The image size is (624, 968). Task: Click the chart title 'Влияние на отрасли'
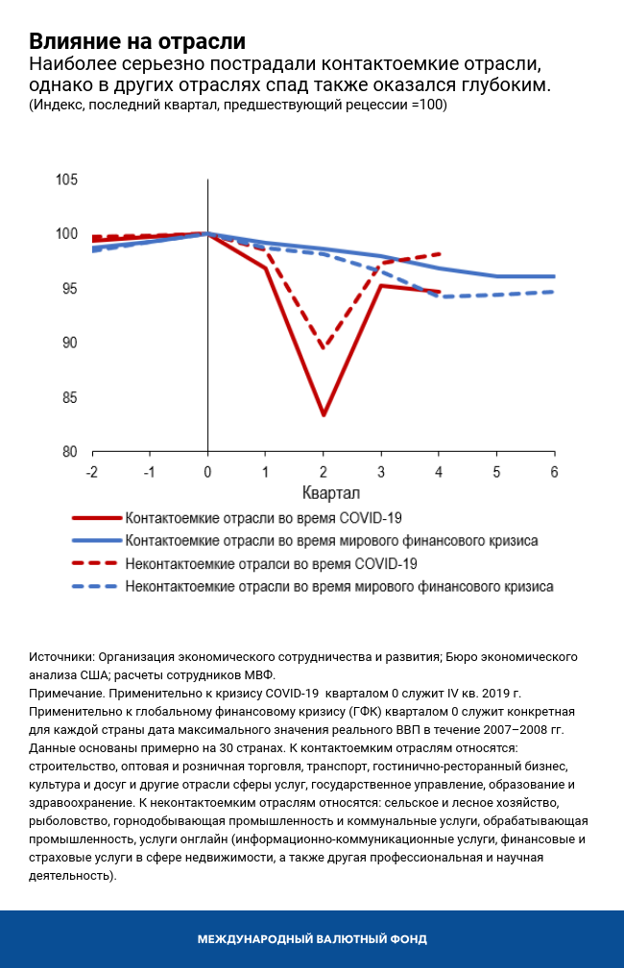pyautogui.click(x=137, y=42)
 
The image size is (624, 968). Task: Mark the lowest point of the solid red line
pyautogui.click(x=324, y=415)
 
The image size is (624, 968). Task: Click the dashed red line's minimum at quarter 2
pyautogui.click(x=324, y=348)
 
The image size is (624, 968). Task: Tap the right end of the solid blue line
pyautogui.click(x=554, y=276)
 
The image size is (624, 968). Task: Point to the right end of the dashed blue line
pyautogui.click(x=554, y=292)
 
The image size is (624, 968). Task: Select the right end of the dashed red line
pyautogui.click(x=439, y=254)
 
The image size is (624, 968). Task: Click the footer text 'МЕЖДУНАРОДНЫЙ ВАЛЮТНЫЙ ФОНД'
pyautogui.click(x=312, y=939)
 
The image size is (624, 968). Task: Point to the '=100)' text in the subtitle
pyautogui.click(x=428, y=105)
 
